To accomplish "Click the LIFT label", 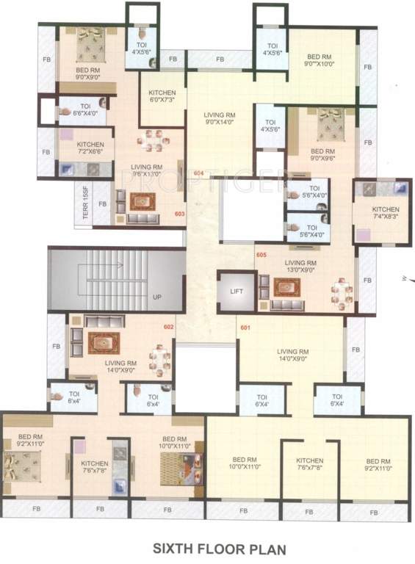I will (236, 291).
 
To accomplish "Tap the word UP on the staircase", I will (157, 297).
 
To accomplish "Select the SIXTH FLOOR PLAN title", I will (209, 549).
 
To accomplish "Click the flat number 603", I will (179, 214).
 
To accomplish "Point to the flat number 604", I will (198, 173).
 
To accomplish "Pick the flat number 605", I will (261, 254).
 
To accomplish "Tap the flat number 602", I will (168, 326).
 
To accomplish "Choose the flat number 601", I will (245, 328).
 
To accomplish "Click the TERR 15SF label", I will (86, 203).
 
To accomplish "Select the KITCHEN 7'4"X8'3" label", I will (380, 212).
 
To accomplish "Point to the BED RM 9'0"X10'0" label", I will (320, 60).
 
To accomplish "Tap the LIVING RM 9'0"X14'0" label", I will (219, 118).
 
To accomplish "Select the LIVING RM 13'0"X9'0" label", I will (301, 266).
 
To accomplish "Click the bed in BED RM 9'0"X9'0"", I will (89, 44).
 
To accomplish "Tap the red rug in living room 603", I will (140, 200).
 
